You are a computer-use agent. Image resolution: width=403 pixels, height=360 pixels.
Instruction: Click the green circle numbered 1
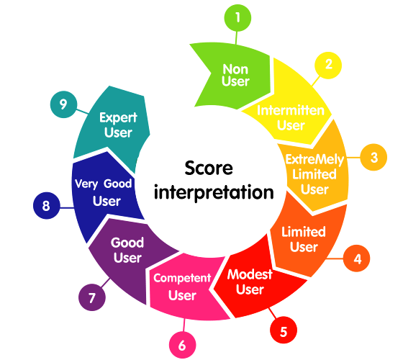[x=237, y=18]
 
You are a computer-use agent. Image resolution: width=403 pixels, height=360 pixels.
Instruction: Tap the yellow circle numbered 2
[x=328, y=66]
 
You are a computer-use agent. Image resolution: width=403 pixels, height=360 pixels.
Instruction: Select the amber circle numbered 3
[x=373, y=157]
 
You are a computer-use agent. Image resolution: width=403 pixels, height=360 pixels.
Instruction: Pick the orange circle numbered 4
[x=356, y=258]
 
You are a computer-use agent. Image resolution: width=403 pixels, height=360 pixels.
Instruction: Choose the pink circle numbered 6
[x=183, y=345]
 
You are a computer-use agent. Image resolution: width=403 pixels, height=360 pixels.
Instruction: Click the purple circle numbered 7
[x=92, y=297]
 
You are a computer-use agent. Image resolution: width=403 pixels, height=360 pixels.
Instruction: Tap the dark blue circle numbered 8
[x=47, y=205]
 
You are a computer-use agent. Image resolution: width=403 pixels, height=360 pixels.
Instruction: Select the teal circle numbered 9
[x=63, y=104]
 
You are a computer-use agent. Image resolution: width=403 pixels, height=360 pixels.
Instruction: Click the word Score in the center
[x=209, y=168]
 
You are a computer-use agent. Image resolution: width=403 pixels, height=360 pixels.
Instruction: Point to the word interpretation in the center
[x=214, y=192]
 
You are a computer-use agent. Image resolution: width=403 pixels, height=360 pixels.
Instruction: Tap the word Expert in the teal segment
[x=118, y=118]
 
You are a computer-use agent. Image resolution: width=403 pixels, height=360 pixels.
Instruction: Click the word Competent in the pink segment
[x=182, y=278]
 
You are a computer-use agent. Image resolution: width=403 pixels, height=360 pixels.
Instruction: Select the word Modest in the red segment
[x=250, y=274]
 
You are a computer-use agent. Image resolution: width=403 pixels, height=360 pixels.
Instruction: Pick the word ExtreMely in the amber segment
[x=315, y=159]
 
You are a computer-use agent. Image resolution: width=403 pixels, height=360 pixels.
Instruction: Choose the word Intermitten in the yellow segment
[x=291, y=111]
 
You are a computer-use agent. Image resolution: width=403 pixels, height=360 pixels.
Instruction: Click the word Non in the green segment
[x=235, y=69]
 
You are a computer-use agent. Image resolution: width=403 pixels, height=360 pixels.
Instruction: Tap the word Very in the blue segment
[x=86, y=184]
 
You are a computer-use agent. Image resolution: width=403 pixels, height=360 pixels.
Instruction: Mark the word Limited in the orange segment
[x=304, y=232]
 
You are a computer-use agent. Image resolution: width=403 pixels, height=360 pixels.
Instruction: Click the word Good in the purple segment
[x=127, y=243]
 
